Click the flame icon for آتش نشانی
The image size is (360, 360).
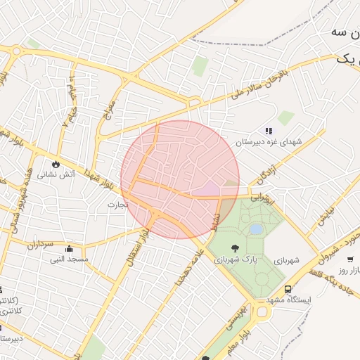[x=54, y=165]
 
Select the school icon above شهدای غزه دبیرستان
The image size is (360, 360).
[x=268, y=131]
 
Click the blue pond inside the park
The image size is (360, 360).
[x=257, y=229]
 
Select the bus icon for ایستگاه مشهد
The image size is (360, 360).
[x=288, y=290]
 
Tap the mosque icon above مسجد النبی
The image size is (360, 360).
[x=68, y=249]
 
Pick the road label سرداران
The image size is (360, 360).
[x=41, y=245]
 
